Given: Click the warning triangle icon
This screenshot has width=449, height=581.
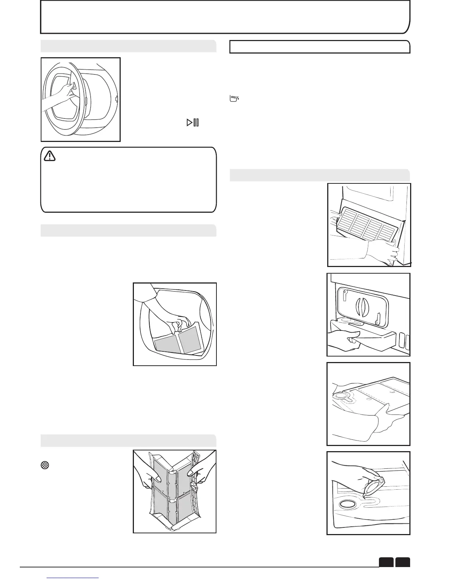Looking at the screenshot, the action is [x=50, y=157].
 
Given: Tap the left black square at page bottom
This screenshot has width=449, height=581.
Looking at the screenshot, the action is [x=386, y=562].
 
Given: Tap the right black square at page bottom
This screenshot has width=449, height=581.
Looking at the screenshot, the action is [x=402, y=562].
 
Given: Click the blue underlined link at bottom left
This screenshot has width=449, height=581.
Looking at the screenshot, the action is [x=73, y=578].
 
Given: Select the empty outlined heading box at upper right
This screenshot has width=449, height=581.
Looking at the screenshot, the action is [x=320, y=47].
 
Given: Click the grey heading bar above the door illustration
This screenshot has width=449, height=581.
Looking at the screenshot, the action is [x=128, y=46].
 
